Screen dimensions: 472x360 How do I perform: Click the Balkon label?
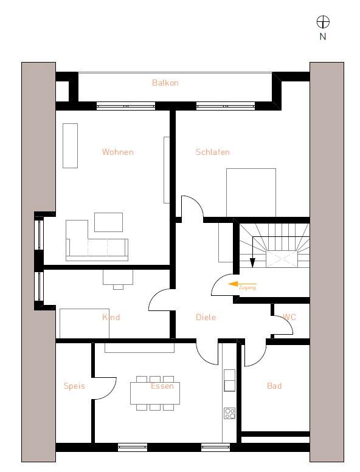[x=165, y=83]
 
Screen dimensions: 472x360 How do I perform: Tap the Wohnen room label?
[x=117, y=152]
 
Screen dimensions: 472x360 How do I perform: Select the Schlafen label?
[x=213, y=152]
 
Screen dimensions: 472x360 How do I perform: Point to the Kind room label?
[x=111, y=317]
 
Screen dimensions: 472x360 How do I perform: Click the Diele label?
[x=206, y=317]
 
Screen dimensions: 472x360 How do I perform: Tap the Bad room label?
[x=274, y=386]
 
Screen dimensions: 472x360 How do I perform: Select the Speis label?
[x=74, y=386]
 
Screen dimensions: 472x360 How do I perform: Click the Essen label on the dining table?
[x=162, y=386]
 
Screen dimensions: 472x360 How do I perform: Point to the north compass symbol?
[x=323, y=22]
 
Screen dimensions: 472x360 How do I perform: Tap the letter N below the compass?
[x=323, y=36]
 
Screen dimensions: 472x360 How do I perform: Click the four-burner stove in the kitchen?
[x=230, y=413]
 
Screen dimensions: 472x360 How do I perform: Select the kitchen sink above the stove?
[x=230, y=385]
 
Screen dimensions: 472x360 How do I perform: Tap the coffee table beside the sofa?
[x=108, y=222]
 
